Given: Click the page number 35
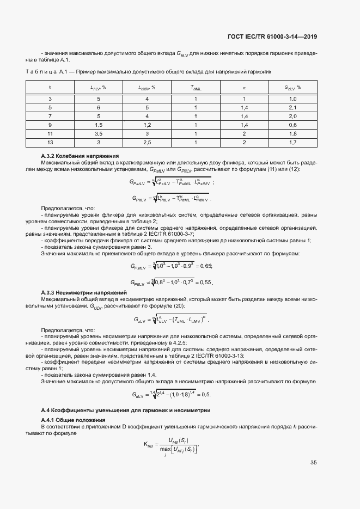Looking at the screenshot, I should tap(313, 463).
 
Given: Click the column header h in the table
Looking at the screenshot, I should tap(50, 87).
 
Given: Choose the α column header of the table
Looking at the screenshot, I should tap(244, 87).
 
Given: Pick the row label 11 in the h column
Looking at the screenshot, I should tap(50, 133).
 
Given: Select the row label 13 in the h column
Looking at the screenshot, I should tap(50, 142).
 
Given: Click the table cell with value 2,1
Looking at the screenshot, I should tap(292, 108).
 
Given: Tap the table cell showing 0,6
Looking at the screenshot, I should tap(292, 125).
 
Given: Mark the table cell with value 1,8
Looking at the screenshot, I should tap(292, 133).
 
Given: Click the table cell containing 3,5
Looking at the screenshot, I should tap(99, 133).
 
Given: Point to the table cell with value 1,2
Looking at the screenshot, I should tap(147, 125).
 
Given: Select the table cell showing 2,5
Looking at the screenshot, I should tap(147, 142).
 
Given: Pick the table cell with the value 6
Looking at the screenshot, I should tap(99, 108).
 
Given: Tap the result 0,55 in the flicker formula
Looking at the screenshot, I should tap(204, 283).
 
